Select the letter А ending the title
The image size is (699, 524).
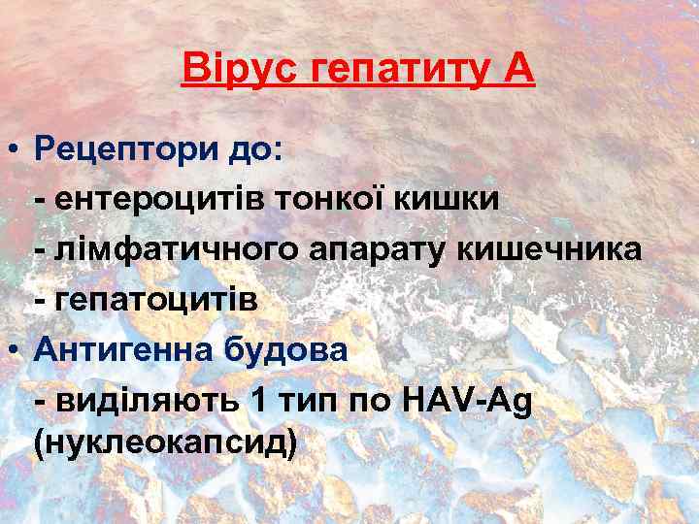(516, 70)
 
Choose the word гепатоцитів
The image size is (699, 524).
(157, 300)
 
